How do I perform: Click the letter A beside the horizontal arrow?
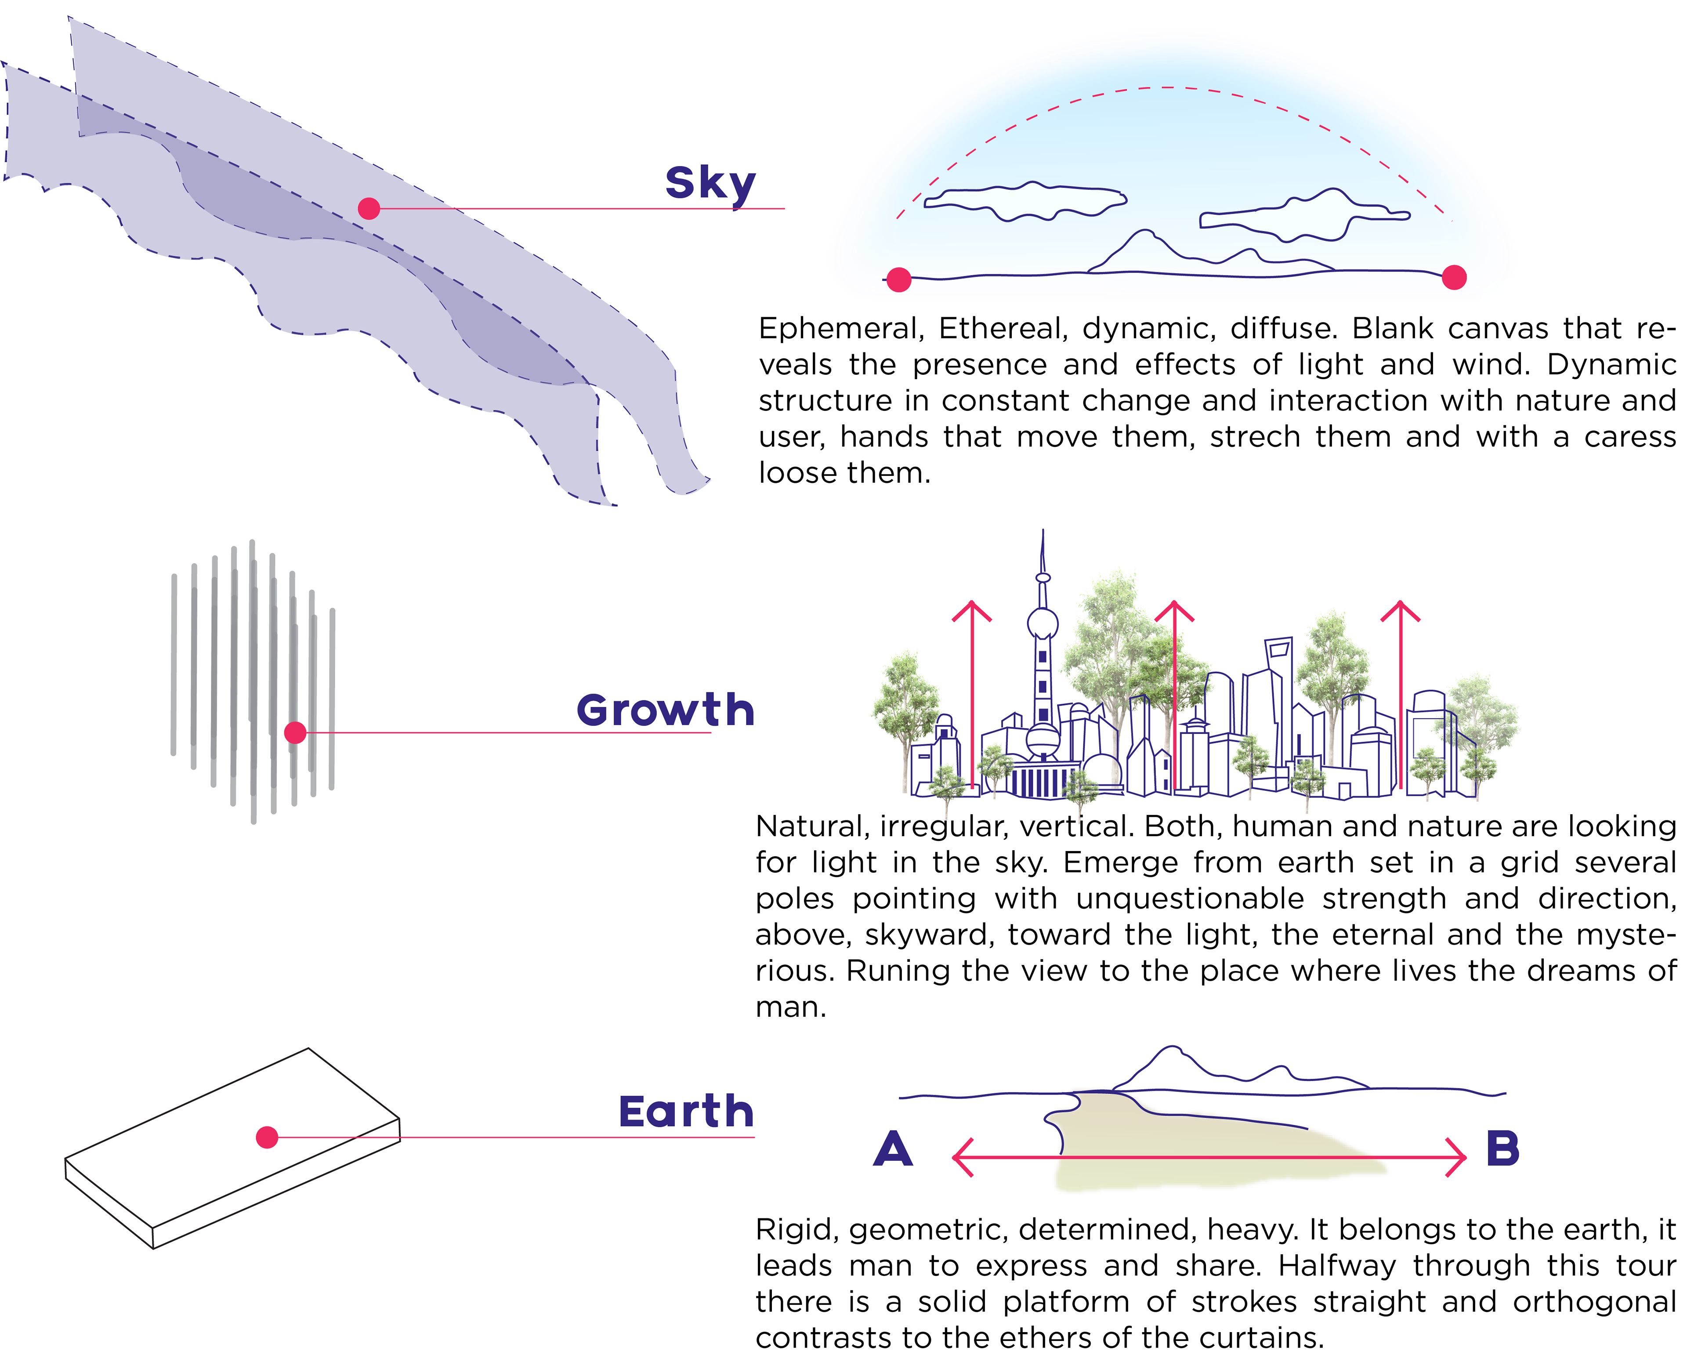pyautogui.click(x=893, y=1149)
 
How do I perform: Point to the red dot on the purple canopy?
pyautogui.click(x=369, y=208)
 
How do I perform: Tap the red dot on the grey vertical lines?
pyautogui.click(x=295, y=732)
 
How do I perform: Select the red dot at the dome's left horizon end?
pyautogui.click(x=898, y=279)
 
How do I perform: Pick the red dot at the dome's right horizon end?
pyautogui.click(x=1454, y=277)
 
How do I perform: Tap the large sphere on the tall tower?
pyautogui.click(x=1042, y=624)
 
